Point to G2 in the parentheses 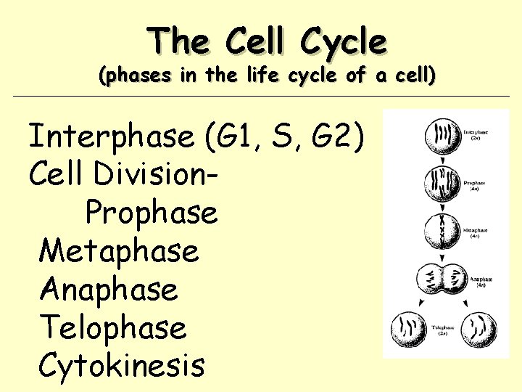[344, 136]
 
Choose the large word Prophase [151, 213]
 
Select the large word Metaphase [119, 251]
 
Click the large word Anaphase [109, 290]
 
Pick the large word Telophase [113, 327]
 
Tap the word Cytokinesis [122, 365]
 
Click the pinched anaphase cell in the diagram [442, 279]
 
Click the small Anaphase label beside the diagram [481, 279]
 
